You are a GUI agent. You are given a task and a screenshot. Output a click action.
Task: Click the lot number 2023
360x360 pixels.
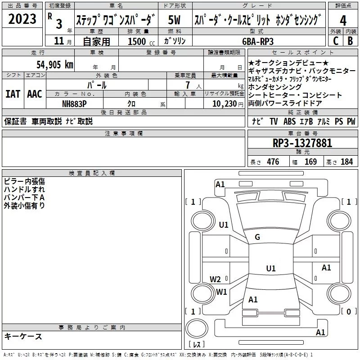tap(22, 19)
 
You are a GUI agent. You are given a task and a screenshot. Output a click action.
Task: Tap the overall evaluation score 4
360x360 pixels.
tap(343, 21)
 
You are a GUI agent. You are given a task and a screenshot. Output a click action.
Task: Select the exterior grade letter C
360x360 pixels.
tap(335, 40)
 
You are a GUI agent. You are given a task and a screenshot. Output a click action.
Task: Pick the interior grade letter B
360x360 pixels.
tap(351, 40)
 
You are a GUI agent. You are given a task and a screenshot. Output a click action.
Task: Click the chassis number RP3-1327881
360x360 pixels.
tap(302, 143)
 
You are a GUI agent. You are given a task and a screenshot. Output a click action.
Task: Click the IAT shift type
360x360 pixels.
tap(13, 94)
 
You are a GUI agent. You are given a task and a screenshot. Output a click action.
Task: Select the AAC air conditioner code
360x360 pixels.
tap(34, 94)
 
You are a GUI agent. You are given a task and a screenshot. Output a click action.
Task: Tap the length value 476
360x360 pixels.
tap(271, 162)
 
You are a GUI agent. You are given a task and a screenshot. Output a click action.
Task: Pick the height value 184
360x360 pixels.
tap(346, 162)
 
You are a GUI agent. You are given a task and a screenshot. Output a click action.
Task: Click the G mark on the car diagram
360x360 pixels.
tap(257, 237)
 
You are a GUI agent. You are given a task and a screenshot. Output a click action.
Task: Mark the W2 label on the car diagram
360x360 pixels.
tap(215, 279)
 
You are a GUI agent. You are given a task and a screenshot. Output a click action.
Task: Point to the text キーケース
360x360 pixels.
tap(23, 336)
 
